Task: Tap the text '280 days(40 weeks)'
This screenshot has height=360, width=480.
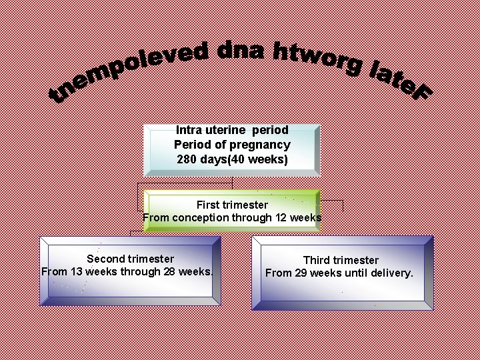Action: pyautogui.click(x=232, y=159)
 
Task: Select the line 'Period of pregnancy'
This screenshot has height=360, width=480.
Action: pyautogui.click(x=232, y=145)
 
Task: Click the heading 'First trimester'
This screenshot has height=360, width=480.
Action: pyautogui.click(x=232, y=205)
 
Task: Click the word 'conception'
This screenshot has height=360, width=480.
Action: pyautogui.click(x=199, y=217)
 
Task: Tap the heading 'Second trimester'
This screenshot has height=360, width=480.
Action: pyautogui.click(x=130, y=259)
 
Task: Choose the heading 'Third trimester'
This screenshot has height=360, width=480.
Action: pyautogui.click(x=341, y=260)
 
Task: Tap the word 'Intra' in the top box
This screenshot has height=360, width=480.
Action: pyautogui.click(x=189, y=131)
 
